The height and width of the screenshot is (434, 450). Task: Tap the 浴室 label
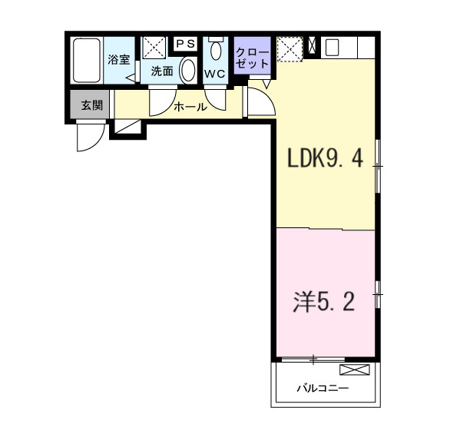(x=118, y=59)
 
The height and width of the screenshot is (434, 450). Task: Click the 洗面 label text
(x=161, y=71)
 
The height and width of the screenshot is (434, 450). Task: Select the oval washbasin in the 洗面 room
(x=187, y=71)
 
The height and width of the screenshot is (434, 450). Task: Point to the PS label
(x=185, y=44)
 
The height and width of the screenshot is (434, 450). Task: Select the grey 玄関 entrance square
(x=91, y=106)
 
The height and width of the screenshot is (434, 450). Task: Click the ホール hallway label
(x=190, y=107)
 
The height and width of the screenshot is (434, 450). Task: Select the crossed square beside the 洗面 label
(x=153, y=47)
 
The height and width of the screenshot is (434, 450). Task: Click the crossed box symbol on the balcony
(x=359, y=370)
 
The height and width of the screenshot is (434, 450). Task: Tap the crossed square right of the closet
(x=290, y=50)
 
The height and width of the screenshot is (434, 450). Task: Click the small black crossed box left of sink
(x=312, y=46)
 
